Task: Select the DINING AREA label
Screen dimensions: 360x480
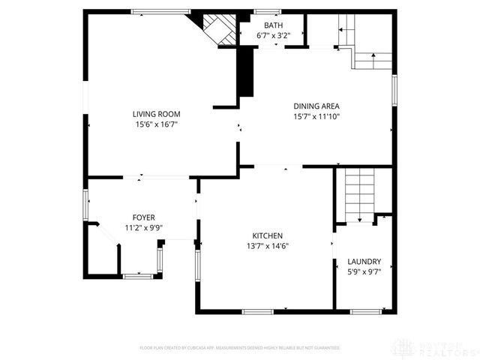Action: pos(316,106)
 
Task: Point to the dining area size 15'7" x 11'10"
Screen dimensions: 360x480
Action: pos(316,116)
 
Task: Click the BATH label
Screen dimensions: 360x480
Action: pos(273,25)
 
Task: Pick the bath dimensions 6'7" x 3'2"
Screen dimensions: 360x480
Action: pos(273,35)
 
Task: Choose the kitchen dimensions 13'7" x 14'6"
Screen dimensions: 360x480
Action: pos(268,246)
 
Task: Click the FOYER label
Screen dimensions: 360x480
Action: pos(144,217)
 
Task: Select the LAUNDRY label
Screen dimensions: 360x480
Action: pos(364,262)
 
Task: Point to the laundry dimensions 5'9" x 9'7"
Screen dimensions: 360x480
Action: pos(364,272)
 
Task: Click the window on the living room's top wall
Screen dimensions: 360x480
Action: pos(160,11)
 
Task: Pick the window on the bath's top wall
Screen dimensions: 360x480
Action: pos(266,11)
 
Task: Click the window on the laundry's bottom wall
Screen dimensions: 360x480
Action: pos(367,311)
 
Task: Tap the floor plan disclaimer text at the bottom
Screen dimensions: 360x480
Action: pos(240,348)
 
